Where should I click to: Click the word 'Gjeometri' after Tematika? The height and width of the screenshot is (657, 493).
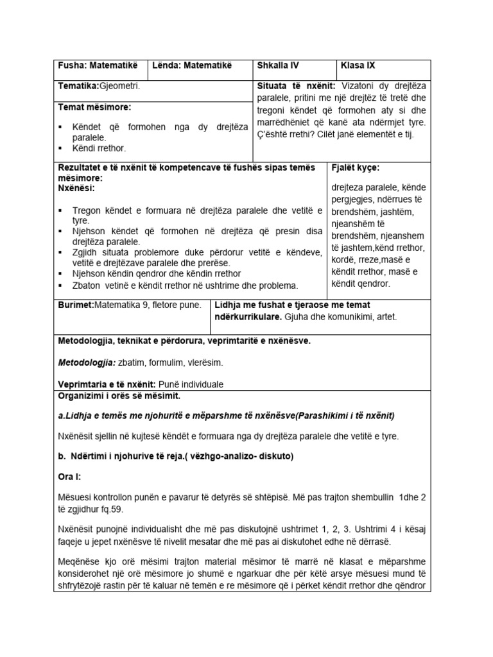(x=119, y=85)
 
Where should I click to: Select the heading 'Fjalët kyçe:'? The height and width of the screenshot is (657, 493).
(x=356, y=167)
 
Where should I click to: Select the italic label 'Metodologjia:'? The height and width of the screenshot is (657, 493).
(x=87, y=363)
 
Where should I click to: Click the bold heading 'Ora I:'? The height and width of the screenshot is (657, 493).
(x=70, y=477)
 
